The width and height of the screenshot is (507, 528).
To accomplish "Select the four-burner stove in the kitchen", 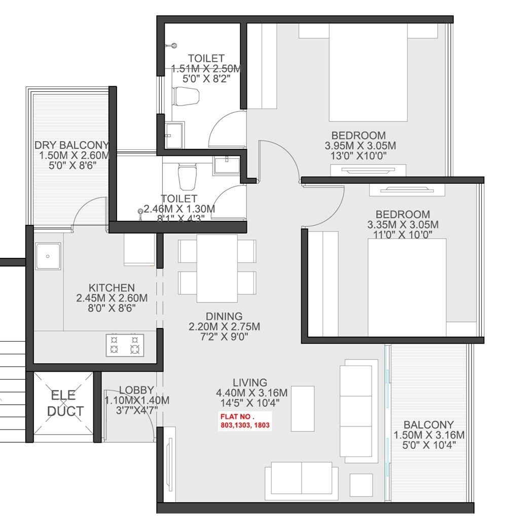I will (125, 344).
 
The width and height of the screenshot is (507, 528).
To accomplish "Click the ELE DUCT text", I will (64, 403).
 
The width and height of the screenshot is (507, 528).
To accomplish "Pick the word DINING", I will (224, 316).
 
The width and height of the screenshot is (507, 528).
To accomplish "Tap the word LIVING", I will (250, 382).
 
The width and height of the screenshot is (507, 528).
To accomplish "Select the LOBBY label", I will (136, 390).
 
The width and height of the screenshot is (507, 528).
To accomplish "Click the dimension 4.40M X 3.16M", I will (251, 392).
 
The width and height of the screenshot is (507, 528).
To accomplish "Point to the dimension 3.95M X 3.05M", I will (360, 146).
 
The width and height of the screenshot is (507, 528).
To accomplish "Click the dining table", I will (217, 268).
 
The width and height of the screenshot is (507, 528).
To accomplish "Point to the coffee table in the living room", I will (303, 408).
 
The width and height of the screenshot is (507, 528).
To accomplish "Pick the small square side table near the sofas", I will (361, 485).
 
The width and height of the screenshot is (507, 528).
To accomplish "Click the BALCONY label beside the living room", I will (429, 425).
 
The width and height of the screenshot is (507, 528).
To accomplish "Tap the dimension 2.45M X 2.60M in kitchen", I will (112, 298).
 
